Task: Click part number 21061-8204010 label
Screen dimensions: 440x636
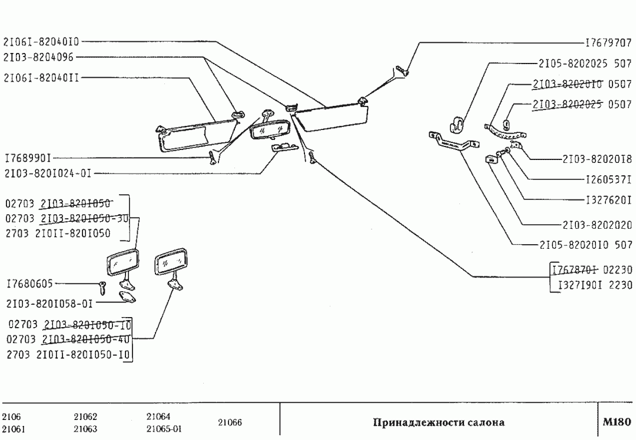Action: coord(41,42)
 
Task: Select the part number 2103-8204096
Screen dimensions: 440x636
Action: coord(38,57)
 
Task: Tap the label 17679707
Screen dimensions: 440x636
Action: coord(608,43)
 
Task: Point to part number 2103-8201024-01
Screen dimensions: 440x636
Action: coord(48,174)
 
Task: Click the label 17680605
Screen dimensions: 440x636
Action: coord(29,284)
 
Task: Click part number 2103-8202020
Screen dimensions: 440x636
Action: coord(597,224)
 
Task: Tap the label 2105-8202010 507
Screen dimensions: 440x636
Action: coord(585,244)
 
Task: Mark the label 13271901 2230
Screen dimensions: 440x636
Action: coord(591,285)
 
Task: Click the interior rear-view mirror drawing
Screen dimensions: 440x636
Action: coord(269,129)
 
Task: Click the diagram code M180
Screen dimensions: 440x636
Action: coord(617,422)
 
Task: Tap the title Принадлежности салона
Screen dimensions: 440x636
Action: coord(438,422)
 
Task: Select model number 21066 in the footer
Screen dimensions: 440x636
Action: coord(230,422)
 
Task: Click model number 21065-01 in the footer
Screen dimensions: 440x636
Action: coord(164,429)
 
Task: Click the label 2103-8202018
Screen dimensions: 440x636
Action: coord(597,158)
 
